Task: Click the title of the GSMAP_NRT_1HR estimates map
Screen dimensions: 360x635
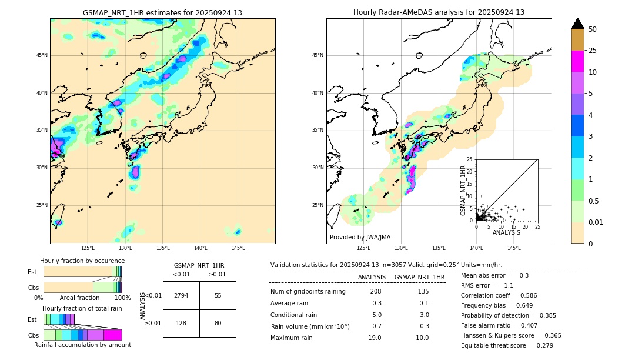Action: tap(162, 12)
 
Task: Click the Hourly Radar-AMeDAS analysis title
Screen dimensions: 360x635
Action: tap(439, 12)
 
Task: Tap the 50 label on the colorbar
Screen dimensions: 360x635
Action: tap(593, 29)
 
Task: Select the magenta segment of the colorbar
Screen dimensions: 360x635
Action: tap(577, 61)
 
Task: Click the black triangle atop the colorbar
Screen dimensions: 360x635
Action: tap(577, 24)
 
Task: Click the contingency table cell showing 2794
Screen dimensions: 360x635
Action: tap(181, 295)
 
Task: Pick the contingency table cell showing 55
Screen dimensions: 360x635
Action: tap(218, 295)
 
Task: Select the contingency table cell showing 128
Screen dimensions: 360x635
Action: tap(181, 323)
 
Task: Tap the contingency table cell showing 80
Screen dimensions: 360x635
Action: tap(218, 323)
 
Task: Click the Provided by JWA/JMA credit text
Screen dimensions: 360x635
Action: tap(360, 237)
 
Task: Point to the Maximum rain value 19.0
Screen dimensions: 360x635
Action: tap(376, 338)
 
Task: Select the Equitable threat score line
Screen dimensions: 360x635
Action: tap(507, 345)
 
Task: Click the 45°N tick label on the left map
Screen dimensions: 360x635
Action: tap(42, 55)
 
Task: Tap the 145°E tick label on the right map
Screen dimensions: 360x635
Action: tap(514, 248)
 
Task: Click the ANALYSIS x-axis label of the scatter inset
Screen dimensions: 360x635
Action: tap(506, 232)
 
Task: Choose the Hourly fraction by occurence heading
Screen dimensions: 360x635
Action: tap(82, 261)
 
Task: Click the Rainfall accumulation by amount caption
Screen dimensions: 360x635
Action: tap(82, 345)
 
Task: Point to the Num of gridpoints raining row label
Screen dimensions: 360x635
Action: tap(308, 292)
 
